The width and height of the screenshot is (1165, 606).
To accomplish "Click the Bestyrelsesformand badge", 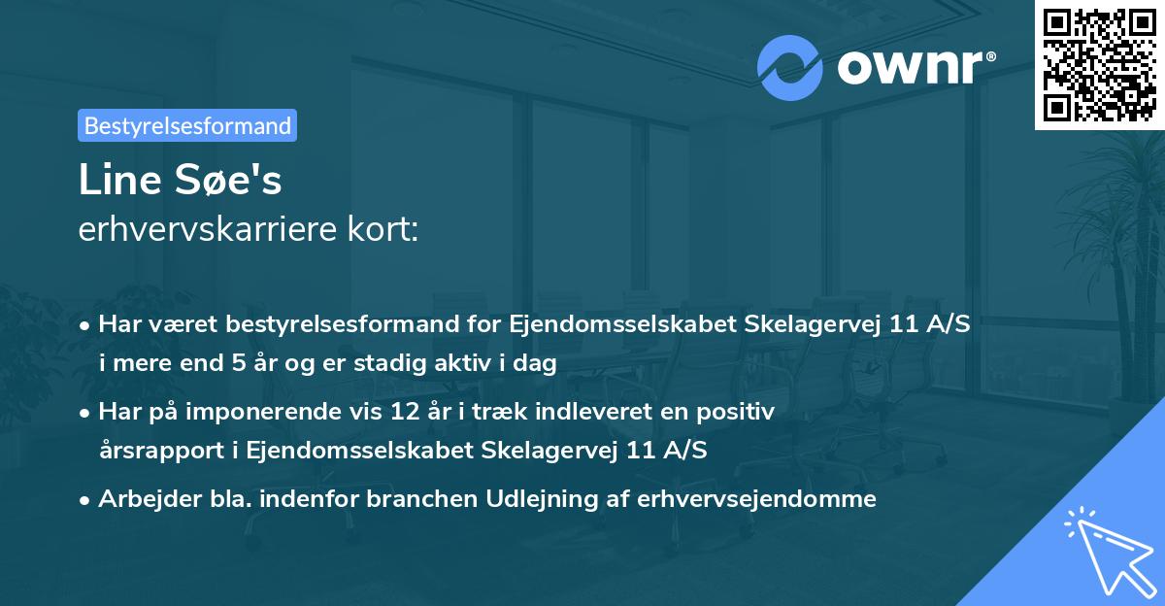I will click(187, 125).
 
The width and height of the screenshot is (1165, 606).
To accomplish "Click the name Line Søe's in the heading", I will click(181, 181).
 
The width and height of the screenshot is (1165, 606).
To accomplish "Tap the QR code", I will click(1099, 64).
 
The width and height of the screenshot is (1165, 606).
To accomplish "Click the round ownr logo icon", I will click(790, 67).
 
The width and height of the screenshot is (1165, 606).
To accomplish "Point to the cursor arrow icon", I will click(1107, 549).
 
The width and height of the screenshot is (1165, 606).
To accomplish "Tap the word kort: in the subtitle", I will click(386, 231).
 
